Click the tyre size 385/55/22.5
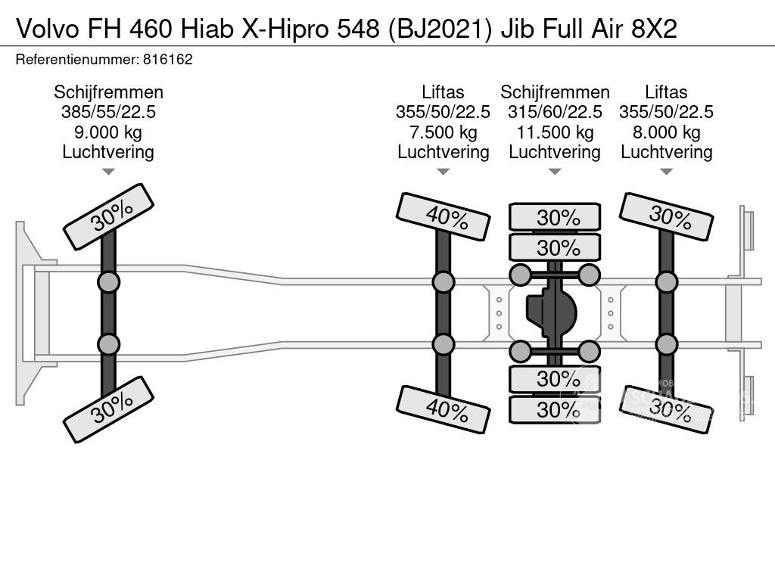coord(108,112)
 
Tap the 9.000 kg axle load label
coord(108,132)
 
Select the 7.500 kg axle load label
coord(443,132)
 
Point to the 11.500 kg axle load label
coord(555,132)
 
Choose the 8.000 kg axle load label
coord(666,132)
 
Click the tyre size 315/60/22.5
coord(555,112)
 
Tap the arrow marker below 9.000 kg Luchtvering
coord(108,172)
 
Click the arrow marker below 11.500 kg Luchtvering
coord(555,172)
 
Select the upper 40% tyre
coord(444,216)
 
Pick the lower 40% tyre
coord(444,409)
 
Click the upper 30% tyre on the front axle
coord(109,216)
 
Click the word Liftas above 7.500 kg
coord(443,92)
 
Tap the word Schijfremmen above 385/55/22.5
coord(108,92)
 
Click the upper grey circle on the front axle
coord(108,282)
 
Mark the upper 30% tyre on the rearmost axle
coord(666,216)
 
